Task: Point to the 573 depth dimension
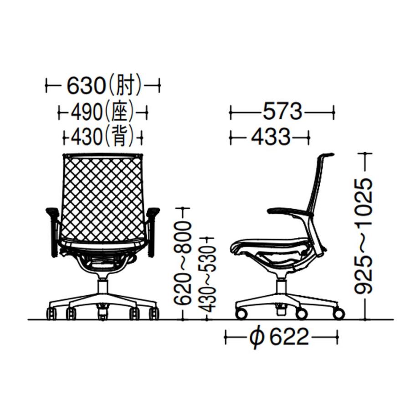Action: [x=282, y=112]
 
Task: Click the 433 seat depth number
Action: [x=271, y=136]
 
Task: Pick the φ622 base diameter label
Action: [x=279, y=337]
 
